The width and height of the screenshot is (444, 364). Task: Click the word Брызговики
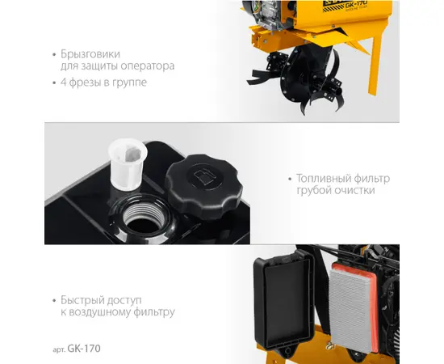click(90, 54)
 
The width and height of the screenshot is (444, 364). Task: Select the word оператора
click(148, 66)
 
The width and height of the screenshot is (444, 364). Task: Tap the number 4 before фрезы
click(63, 83)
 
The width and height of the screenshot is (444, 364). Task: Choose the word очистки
click(354, 190)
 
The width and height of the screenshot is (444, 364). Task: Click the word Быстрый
click(87, 300)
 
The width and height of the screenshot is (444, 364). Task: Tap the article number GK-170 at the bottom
click(84, 349)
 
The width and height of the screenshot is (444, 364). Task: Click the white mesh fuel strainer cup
click(128, 164)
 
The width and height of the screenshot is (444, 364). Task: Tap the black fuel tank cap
click(204, 186)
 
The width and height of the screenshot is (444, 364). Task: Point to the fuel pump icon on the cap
click(203, 175)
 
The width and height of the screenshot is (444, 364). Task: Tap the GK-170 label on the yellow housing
click(356, 4)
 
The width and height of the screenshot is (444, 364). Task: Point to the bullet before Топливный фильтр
click(289, 179)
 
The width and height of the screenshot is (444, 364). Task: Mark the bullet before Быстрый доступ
click(54, 301)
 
